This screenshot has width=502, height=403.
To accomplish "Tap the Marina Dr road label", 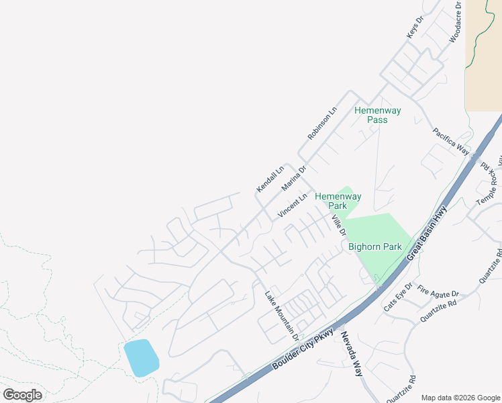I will (x=294, y=178).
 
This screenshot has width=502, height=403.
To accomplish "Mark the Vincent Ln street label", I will (x=294, y=206).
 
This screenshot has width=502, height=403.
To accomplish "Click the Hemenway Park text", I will (x=338, y=201).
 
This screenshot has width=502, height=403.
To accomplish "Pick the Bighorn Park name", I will (x=374, y=247).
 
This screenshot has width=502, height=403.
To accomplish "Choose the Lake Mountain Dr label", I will (x=281, y=311).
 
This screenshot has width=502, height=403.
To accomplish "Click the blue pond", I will (x=141, y=358).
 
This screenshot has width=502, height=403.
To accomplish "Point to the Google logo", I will (x=23, y=395).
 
